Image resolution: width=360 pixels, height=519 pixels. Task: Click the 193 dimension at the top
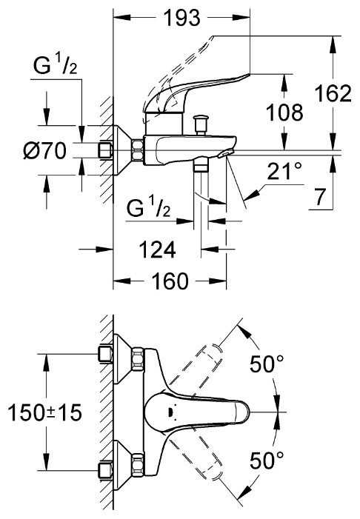click(182, 18)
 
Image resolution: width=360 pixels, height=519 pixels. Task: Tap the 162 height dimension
click(333, 93)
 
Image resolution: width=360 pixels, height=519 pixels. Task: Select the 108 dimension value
click(284, 113)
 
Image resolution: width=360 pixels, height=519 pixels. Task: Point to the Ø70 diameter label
click(44, 151)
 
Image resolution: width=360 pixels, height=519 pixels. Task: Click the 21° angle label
click(284, 171)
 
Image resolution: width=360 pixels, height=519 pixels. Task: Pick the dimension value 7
click(319, 197)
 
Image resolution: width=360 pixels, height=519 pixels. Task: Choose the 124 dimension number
click(157, 250)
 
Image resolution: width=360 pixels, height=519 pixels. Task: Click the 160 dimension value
click(170, 281)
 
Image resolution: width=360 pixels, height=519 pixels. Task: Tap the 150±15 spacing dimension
click(44, 412)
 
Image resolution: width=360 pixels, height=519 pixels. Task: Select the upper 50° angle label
click(267, 364)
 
